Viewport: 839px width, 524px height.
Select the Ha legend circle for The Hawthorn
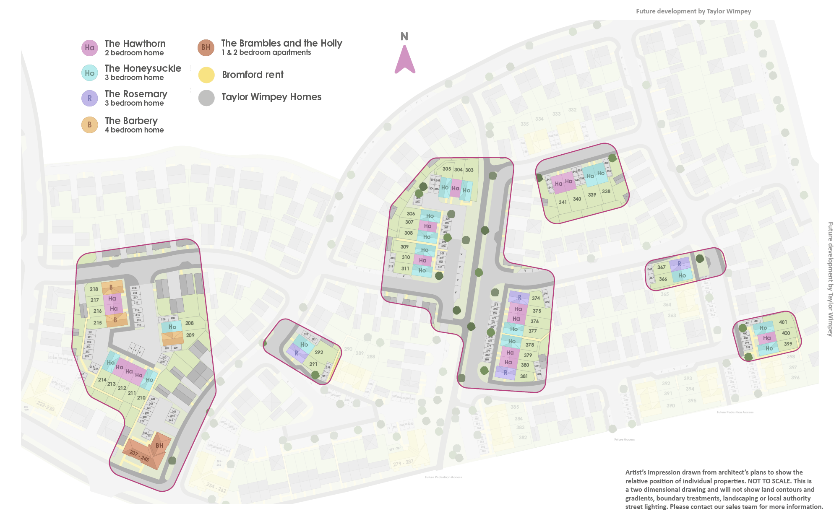pyautogui.click(x=89, y=48)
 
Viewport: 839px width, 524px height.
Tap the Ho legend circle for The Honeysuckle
pyautogui.click(x=89, y=73)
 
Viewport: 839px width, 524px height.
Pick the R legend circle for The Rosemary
pyautogui.click(x=89, y=99)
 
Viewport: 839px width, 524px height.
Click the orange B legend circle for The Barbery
pyautogui.click(x=89, y=125)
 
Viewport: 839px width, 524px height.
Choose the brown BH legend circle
pyautogui.click(x=206, y=47)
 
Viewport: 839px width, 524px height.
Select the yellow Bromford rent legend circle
pyautogui.click(x=206, y=75)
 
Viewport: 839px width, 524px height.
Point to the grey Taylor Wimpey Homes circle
pyautogui.click(x=206, y=98)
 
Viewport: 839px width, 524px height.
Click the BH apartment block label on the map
pyautogui.click(x=159, y=446)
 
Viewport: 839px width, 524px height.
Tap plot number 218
pyautogui.click(x=94, y=289)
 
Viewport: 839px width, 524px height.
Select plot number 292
pyautogui.click(x=319, y=353)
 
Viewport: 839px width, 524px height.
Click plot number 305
pyautogui.click(x=447, y=169)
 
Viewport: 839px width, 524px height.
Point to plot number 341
pyautogui.click(x=563, y=202)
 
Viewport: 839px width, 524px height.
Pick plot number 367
pyautogui.click(x=662, y=267)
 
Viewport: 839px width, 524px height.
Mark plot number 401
pyautogui.click(x=783, y=322)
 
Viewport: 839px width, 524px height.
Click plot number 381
pyautogui.click(x=524, y=376)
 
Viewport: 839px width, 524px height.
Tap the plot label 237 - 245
pyautogui.click(x=139, y=456)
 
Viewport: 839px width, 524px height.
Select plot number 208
pyautogui.click(x=189, y=323)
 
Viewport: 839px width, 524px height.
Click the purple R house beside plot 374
pyautogui.click(x=519, y=297)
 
